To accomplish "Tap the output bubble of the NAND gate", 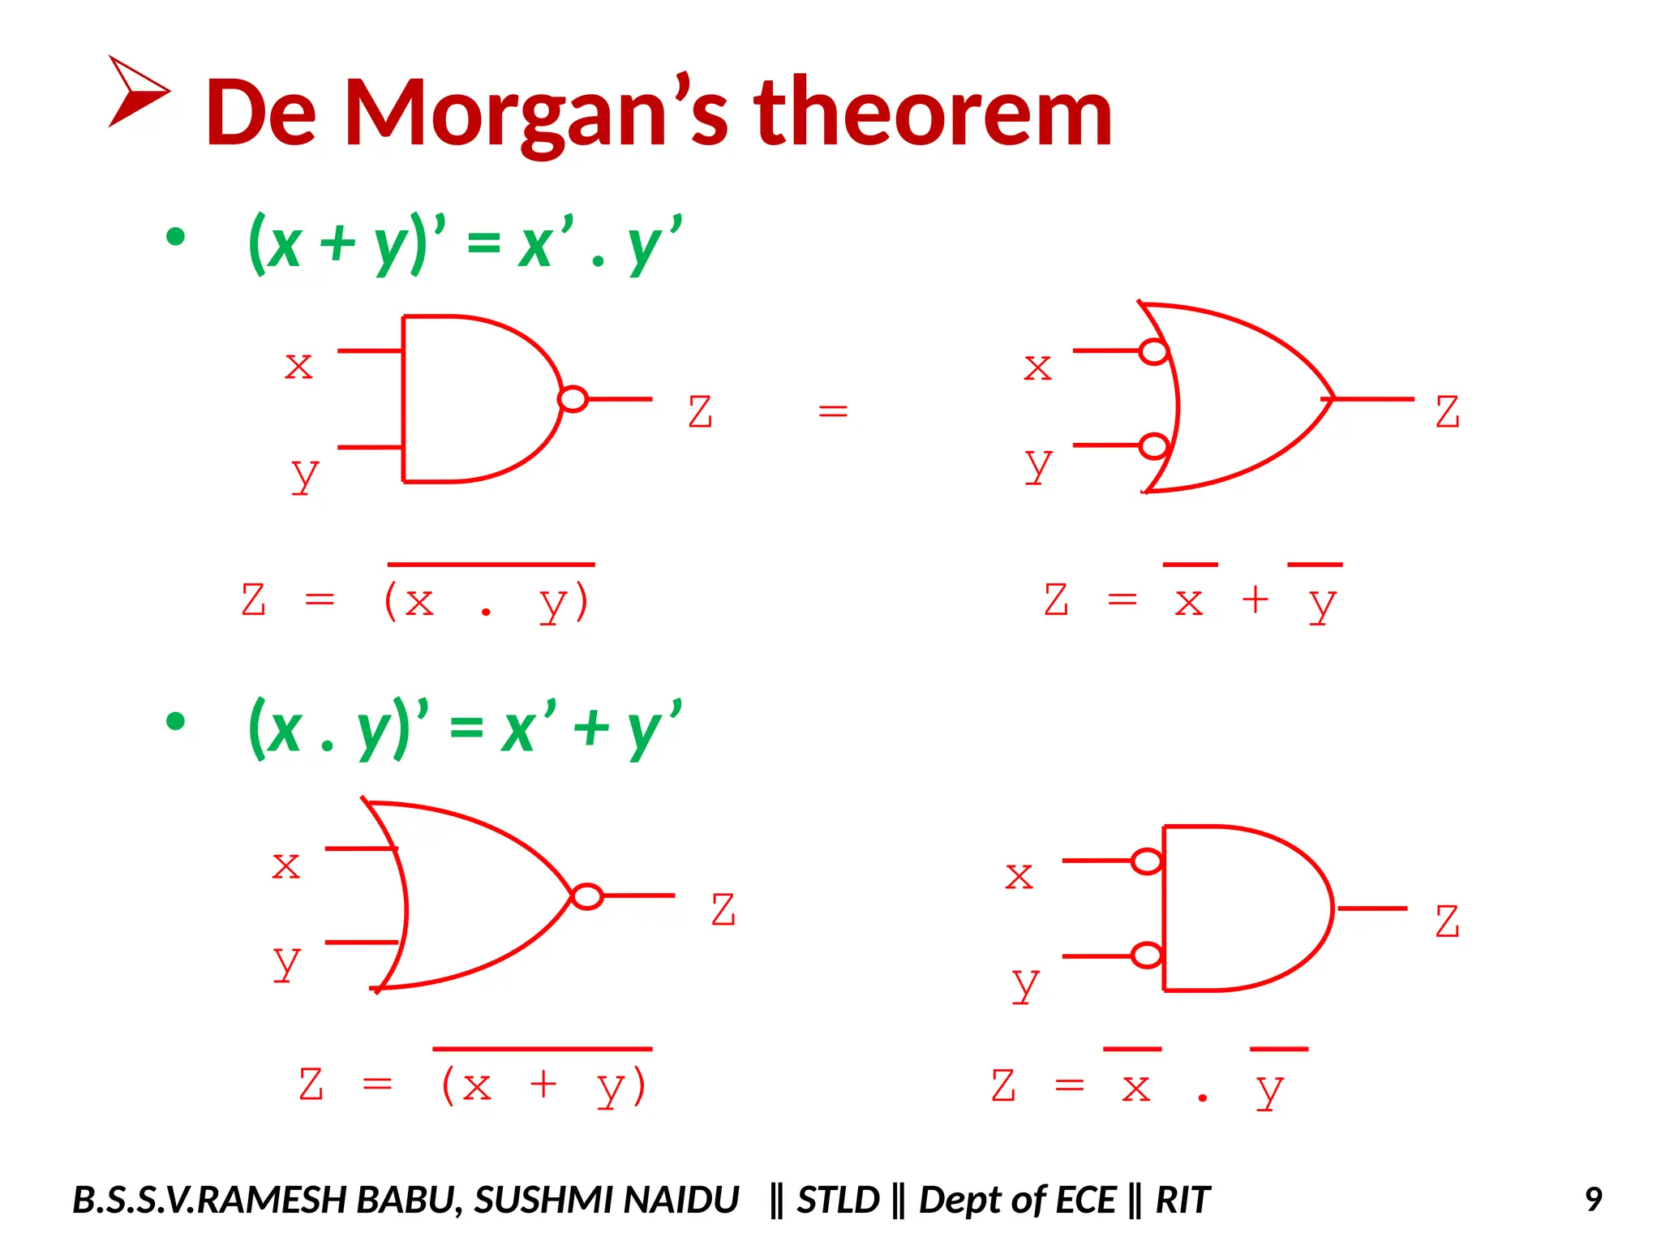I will [573, 399].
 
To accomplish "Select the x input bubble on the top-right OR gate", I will [1153, 351].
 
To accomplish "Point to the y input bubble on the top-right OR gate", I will [1153, 446].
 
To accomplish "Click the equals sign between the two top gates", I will [833, 411].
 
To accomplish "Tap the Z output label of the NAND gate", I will [700, 411].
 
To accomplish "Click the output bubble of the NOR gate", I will [587, 896].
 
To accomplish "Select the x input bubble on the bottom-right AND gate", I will [1147, 861].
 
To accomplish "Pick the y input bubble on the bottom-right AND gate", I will [1147, 956].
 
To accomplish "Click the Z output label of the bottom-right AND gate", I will [1447, 922].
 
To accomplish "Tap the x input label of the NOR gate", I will [285, 866].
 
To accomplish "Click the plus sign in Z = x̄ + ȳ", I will [1255, 600].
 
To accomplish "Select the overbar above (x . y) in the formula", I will [491, 564].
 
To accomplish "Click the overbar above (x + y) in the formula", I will [542, 1049].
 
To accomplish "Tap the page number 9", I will [1593, 1200].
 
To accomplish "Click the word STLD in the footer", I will [838, 1200].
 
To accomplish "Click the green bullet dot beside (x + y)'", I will [175, 237].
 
